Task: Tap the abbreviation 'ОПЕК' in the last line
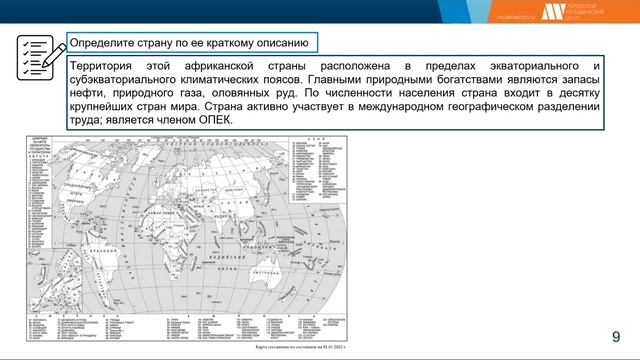(x=213, y=120)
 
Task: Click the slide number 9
(x=616, y=336)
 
